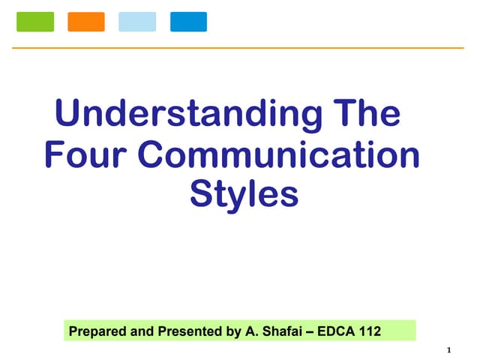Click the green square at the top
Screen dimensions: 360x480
tap(35, 22)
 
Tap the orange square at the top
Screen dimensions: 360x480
tap(86, 22)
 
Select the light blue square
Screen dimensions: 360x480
tap(137, 22)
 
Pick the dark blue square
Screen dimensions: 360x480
tap(188, 22)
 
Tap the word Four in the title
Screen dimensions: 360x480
tap(86, 155)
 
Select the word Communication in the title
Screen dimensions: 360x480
tap(279, 155)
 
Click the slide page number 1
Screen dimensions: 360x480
tap(448, 349)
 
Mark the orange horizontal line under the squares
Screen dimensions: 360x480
tap(240, 48)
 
